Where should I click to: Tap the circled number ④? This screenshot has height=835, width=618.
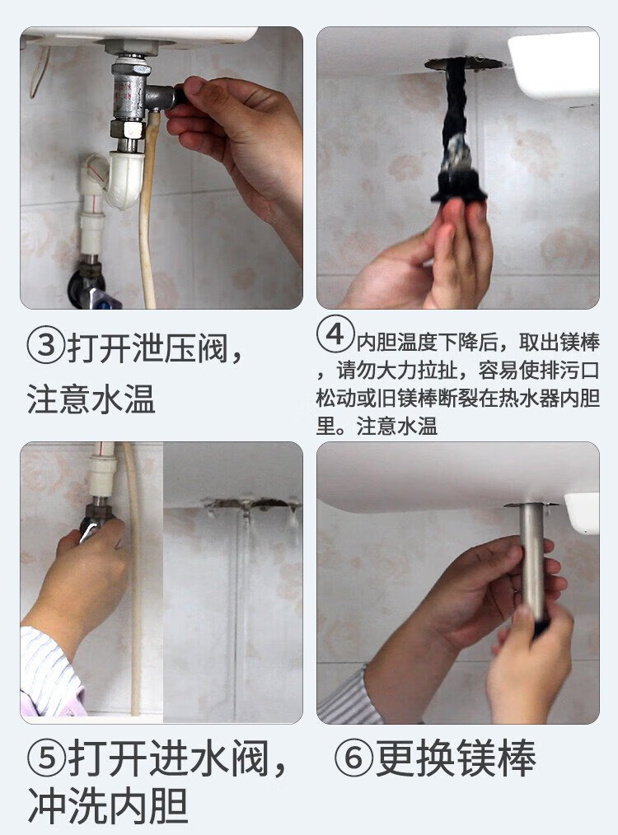(x=335, y=334)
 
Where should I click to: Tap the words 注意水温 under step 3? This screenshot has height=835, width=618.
(x=91, y=399)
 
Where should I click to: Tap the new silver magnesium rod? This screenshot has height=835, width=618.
(x=533, y=564)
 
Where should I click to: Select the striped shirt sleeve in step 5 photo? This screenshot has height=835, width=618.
(x=50, y=674)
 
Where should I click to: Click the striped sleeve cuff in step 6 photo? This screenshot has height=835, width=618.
(x=349, y=697)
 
